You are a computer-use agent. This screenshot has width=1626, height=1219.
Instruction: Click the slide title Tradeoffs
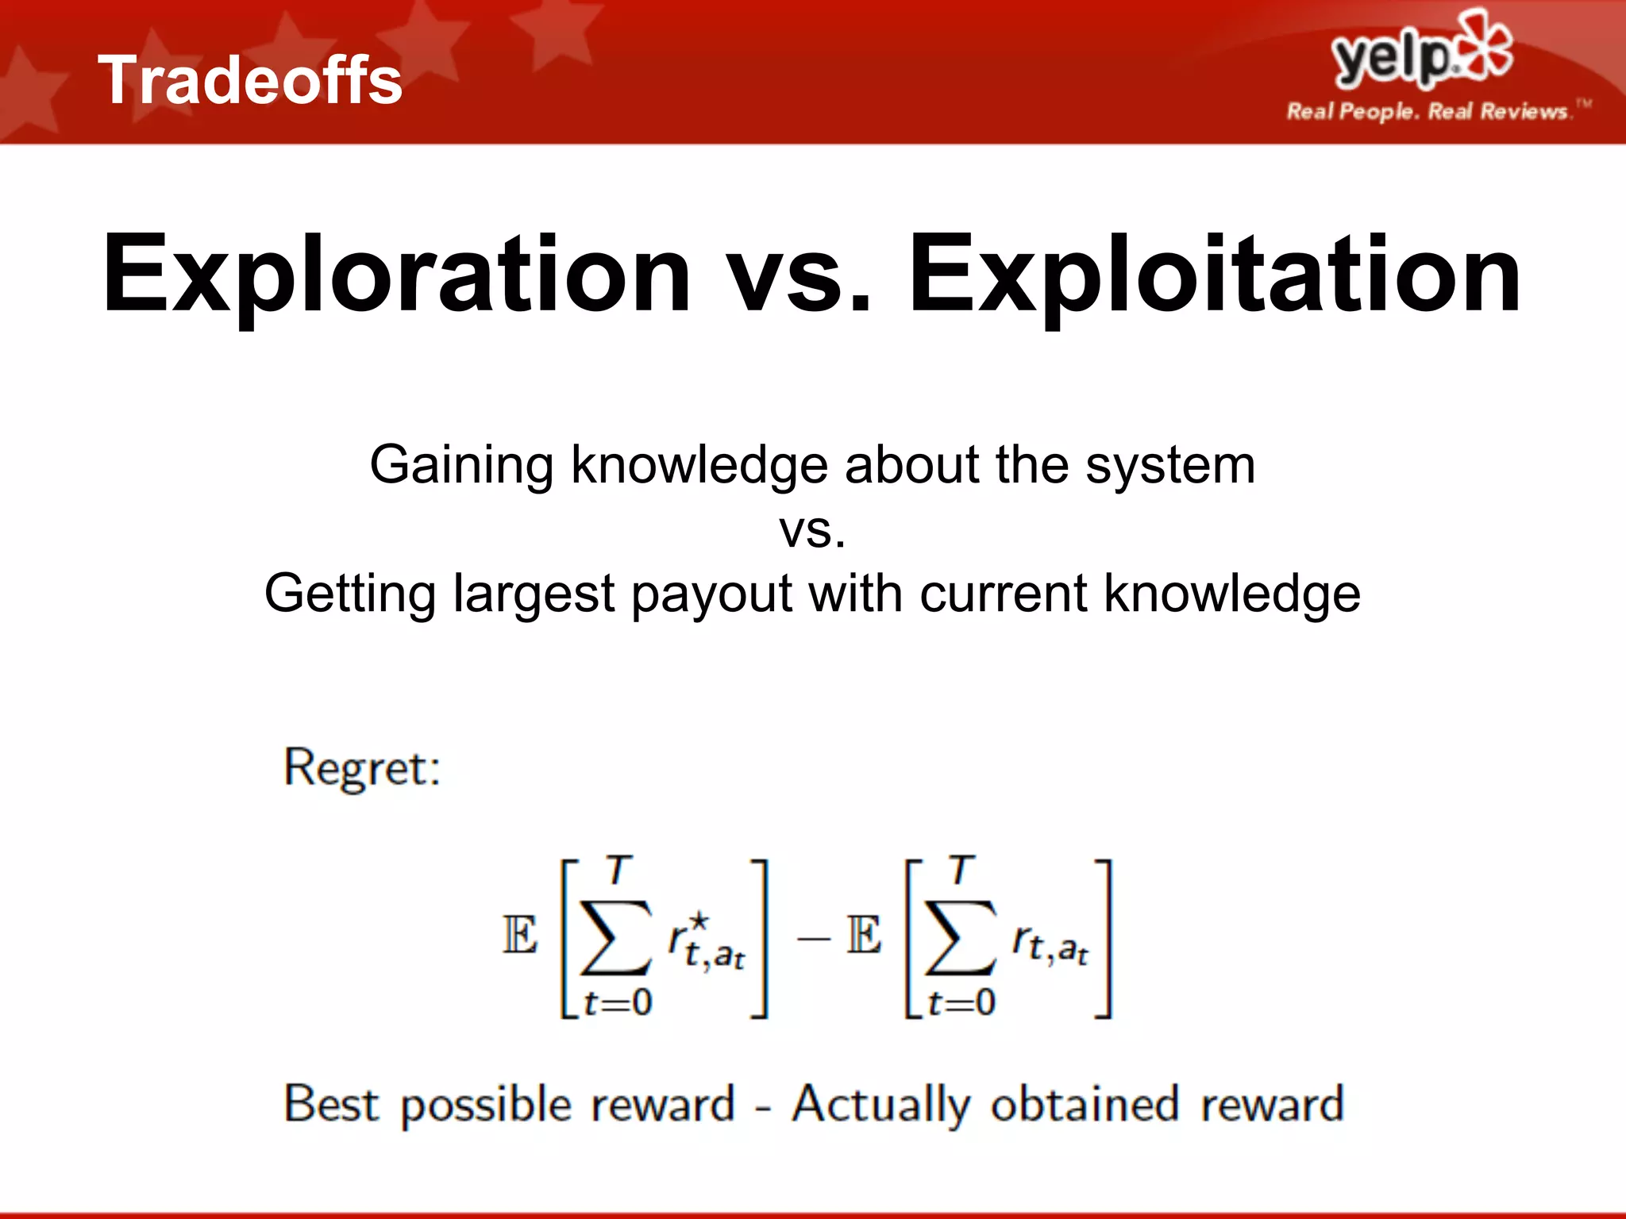pyautogui.click(x=250, y=80)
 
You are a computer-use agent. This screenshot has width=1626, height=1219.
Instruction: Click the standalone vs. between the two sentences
pyautogui.click(x=812, y=531)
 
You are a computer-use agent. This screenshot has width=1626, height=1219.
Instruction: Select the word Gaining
pyautogui.click(x=461, y=466)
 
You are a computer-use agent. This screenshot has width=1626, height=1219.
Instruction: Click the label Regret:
pyautogui.click(x=362, y=768)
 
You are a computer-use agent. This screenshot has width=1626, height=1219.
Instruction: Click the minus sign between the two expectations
pyautogui.click(x=813, y=939)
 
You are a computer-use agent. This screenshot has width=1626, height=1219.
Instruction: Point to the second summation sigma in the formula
pyautogui.click(x=959, y=938)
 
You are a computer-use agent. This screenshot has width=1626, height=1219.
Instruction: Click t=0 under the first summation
pyautogui.click(x=618, y=1003)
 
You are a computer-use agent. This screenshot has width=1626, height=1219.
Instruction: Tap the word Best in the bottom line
pyautogui.click(x=331, y=1105)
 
